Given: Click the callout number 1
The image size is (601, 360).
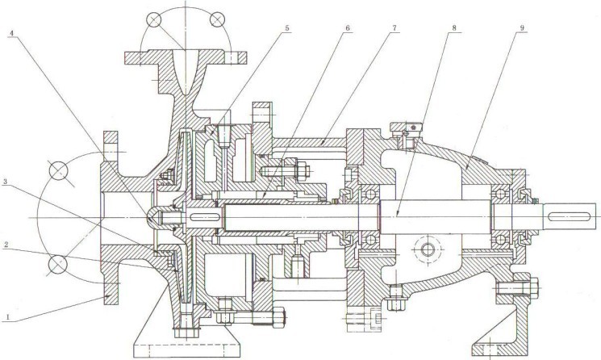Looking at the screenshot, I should tap(7, 317).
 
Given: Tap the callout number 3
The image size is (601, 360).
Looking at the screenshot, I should tap(7, 183).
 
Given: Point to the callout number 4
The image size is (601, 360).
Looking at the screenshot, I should tap(11, 34).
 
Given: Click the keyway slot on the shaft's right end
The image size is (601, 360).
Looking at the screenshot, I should tap(574, 213).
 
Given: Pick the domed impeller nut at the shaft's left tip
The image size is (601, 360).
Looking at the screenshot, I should tap(153, 213).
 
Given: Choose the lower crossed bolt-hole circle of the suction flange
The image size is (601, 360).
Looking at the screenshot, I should tap(58, 265).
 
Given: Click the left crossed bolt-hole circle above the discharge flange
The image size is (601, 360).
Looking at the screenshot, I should tap(152, 19).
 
